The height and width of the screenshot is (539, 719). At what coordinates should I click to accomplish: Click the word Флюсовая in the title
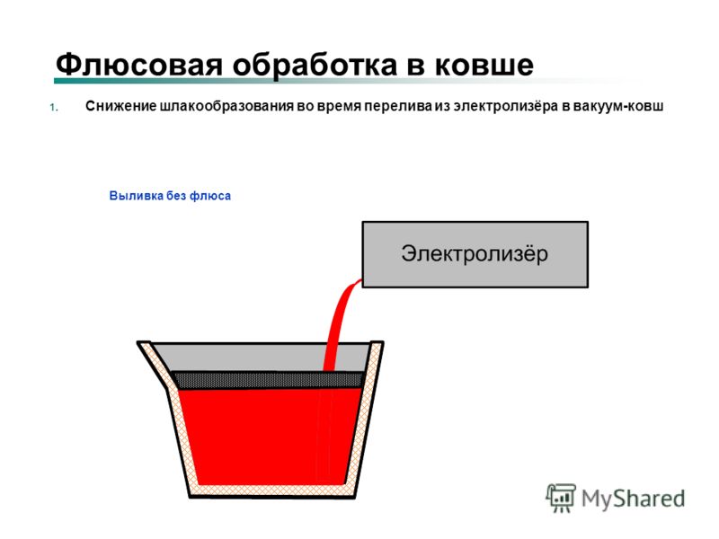[138, 64]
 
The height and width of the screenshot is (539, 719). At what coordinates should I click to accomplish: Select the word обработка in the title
[315, 64]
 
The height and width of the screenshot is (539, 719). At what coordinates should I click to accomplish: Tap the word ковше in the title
[484, 65]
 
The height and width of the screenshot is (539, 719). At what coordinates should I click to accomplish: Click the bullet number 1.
[54, 108]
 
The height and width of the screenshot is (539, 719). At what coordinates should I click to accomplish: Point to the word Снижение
[120, 106]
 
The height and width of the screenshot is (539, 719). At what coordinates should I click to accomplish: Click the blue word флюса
[210, 196]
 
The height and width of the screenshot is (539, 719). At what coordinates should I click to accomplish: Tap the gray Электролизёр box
[475, 254]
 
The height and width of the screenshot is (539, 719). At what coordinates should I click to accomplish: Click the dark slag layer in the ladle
[269, 380]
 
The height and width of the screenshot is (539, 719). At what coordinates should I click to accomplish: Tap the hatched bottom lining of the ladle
[272, 490]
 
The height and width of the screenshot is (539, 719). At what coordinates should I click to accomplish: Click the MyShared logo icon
[560, 498]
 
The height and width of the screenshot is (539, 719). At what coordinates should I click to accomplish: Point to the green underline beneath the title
[340, 81]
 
